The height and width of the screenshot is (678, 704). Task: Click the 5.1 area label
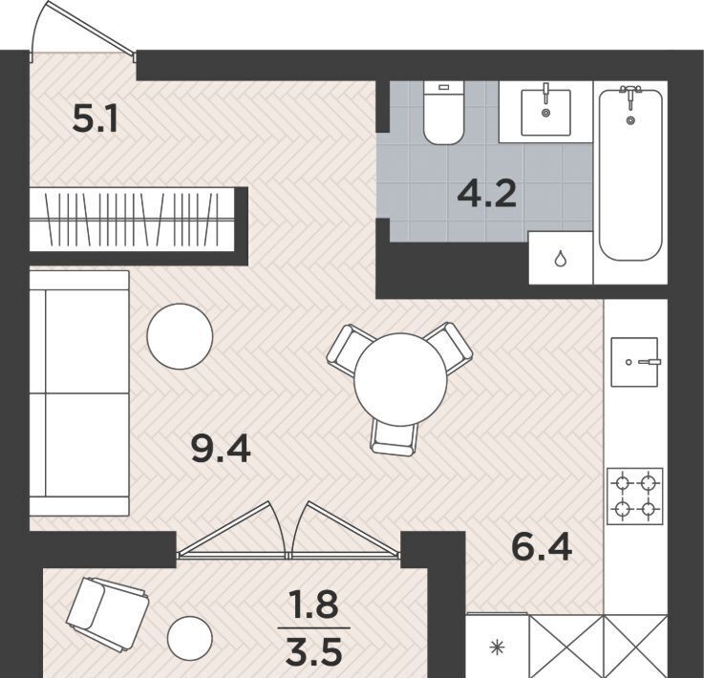[x=95, y=120]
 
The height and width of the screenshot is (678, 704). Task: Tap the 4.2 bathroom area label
[x=487, y=195]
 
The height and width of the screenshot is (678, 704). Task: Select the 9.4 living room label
[x=221, y=449]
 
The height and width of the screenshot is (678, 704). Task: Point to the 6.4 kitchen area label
[x=542, y=547]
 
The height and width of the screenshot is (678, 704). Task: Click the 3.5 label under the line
[x=314, y=654]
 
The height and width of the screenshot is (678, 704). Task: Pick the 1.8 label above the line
[x=313, y=604]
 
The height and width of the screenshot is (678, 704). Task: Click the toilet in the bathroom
[x=443, y=113]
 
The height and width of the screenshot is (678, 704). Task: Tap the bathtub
[x=630, y=175]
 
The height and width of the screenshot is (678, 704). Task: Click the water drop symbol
[x=560, y=260]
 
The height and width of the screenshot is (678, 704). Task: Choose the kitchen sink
[x=635, y=362]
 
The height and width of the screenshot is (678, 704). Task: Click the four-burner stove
[x=635, y=496]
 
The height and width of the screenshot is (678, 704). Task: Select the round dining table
[x=400, y=379]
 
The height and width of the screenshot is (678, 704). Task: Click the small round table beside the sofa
[x=180, y=336]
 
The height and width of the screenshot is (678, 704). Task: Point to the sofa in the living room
[x=79, y=392]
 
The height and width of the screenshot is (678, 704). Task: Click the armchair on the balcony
[x=108, y=615]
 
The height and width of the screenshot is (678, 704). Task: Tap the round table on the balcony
[x=189, y=638]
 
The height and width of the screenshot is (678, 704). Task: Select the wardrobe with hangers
[x=132, y=220]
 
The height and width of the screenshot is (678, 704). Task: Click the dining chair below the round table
[x=395, y=438]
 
